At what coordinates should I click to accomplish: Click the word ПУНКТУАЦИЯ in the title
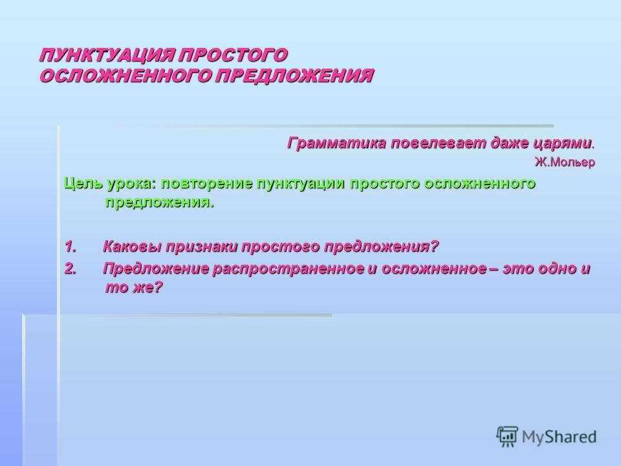107,55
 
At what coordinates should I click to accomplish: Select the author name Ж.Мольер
565,162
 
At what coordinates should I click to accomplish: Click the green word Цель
83,183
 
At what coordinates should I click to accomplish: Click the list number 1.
70,247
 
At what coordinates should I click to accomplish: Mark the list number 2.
70,269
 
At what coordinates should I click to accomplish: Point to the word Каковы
132,247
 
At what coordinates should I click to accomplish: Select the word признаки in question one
202,247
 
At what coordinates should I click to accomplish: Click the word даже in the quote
509,143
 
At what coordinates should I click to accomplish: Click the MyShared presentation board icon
507,436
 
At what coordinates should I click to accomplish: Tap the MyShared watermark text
559,437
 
